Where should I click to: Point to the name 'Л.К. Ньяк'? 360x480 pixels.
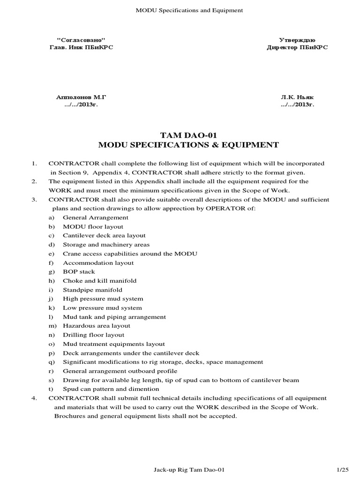[x=297, y=96]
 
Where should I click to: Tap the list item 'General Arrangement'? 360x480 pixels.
[x=96, y=217]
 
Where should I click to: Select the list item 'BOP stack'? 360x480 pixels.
[x=79, y=271]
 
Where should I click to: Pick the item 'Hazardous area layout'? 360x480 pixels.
[x=97, y=326]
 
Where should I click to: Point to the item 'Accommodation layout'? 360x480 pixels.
[x=98, y=262]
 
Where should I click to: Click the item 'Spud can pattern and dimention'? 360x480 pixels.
[x=111, y=389]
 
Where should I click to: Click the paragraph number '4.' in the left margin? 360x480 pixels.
[x=34, y=398]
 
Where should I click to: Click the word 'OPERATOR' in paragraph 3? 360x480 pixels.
[x=230, y=209]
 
